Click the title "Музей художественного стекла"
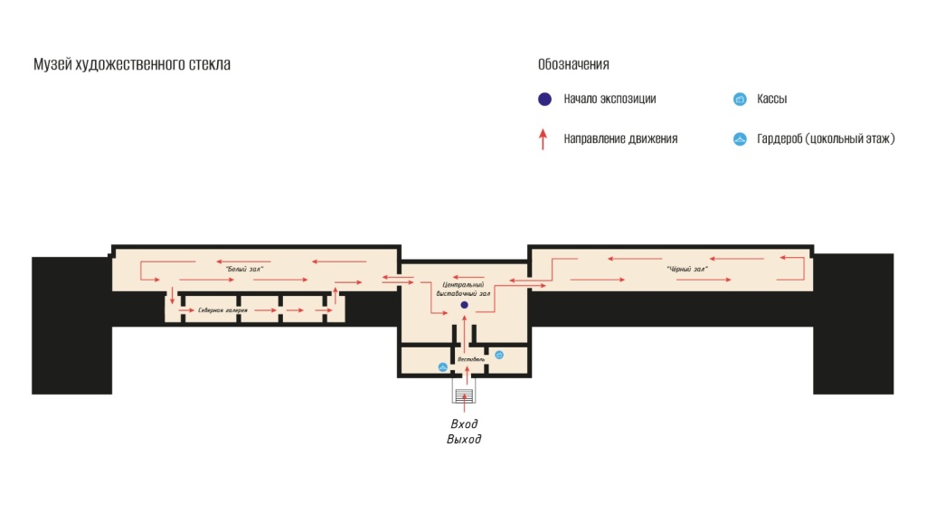point(132,64)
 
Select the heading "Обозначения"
point(573,64)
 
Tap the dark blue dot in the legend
point(543,99)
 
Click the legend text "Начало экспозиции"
point(609,99)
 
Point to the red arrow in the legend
point(543,138)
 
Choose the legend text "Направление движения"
point(620,138)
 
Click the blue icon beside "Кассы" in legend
point(739,99)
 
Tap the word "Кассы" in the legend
point(771,99)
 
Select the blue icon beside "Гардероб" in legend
point(739,138)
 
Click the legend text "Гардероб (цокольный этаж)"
point(826,138)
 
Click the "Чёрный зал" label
point(686,270)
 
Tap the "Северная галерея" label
point(223,310)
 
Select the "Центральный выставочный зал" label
point(465,289)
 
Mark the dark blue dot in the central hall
point(464,305)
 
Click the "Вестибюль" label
point(471,359)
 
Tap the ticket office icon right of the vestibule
point(498,355)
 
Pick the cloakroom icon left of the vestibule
point(442,366)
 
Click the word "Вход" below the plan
point(464,423)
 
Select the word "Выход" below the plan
point(464,440)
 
